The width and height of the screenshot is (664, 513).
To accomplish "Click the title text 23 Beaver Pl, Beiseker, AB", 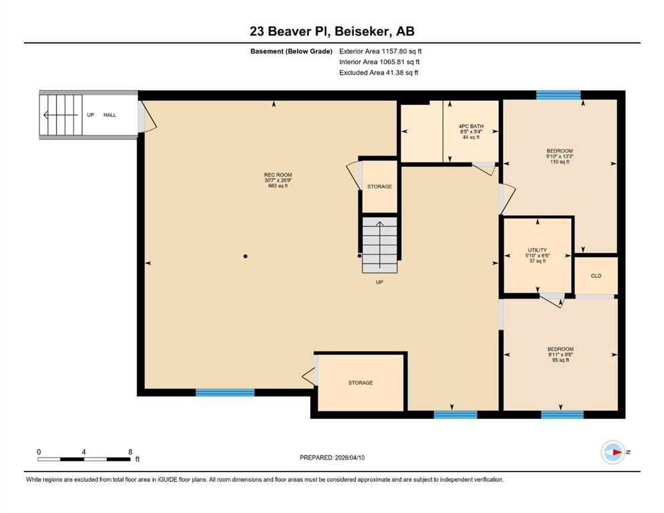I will click(x=332, y=31).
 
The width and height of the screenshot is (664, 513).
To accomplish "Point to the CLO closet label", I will click(x=596, y=275).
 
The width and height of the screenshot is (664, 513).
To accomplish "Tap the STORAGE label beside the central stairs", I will click(x=379, y=186).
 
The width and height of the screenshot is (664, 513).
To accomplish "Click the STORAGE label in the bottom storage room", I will click(x=360, y=383).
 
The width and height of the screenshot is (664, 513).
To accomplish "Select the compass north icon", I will click(x=613, y=452).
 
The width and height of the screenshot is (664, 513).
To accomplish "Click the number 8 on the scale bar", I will click(x=129, y=452).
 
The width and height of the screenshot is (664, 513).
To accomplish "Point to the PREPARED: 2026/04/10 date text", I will click(x=332, y=458).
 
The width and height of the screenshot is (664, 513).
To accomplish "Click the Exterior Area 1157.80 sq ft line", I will click(x=380, y=51).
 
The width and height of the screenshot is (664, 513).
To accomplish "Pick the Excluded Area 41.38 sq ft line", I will click(x=378, y=73).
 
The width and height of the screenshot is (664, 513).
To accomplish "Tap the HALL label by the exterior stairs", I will click(x=110, y=115).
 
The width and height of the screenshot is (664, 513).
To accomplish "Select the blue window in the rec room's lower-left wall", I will click(x=225, y=393).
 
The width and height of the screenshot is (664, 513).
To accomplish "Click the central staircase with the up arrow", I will click(x=379, y=244).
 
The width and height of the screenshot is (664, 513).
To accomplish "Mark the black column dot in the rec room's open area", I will click(x=245, y=256).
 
